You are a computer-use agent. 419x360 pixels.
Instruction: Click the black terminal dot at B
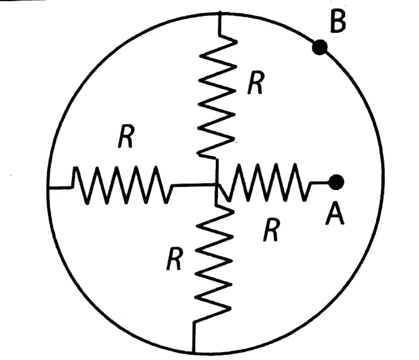[x=320, y=47]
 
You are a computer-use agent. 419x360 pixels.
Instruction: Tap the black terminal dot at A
[x=336, y=182]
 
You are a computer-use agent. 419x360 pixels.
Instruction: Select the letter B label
[x=338, y=22]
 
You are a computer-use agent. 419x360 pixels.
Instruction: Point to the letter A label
[x=335, y=213]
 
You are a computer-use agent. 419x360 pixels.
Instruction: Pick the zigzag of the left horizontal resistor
[x=122, y=185]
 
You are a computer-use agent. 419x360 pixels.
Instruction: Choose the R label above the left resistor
[x=126, y=136]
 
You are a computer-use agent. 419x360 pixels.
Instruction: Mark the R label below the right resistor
[x=271, y=229]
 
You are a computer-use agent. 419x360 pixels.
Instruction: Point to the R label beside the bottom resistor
[x=175, y=258]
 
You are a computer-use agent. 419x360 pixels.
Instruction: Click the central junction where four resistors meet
[x=216, y=184]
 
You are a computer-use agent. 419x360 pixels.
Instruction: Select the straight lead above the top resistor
[x=220, y=23]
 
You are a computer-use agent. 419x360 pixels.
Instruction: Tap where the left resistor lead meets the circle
[x=48, y=188]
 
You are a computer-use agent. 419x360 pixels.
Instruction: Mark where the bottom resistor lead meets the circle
[x=194, y=353]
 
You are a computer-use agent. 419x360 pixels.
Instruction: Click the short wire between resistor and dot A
[x=320, y=183]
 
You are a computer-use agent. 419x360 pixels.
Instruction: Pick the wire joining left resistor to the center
[x=194, y=185]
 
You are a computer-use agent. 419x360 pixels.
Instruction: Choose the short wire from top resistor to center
[x=217, y=171]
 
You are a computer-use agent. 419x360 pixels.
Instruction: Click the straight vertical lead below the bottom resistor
[x=194, y=337]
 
